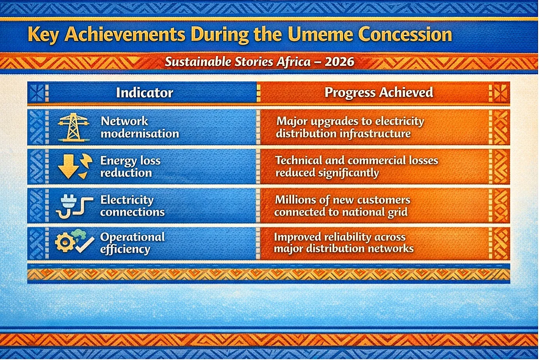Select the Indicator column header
144,93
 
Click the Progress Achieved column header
379,93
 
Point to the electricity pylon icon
73,127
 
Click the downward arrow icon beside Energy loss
68,166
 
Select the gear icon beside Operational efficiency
65,242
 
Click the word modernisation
140,134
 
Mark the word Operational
132,237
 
